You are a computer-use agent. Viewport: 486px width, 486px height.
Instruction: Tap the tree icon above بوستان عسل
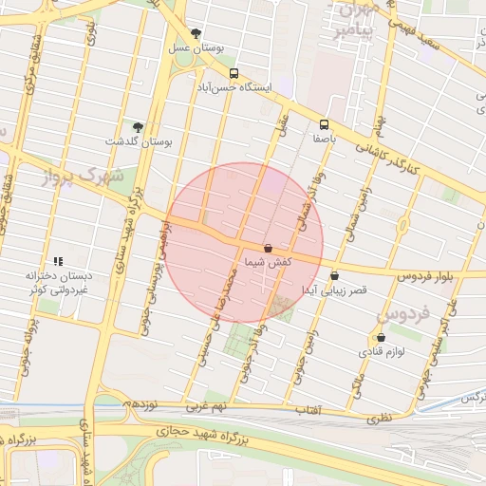coord(196,32)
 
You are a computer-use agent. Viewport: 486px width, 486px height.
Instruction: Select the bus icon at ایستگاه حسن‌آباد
coord(234,73)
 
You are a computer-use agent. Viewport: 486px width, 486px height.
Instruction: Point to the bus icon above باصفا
coord(325,124)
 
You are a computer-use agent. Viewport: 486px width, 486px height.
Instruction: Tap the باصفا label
coord(326,138)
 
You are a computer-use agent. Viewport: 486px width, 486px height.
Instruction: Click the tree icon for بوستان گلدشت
coord(139,127)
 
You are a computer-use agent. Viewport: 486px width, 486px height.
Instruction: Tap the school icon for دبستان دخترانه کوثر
coord(58,260)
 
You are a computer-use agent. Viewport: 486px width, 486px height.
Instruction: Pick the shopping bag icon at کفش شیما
coord(268,247)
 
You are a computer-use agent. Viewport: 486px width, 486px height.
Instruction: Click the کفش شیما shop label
coord(268,261)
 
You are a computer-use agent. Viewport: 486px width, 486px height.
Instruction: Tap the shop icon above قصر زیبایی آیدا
coord(334,276)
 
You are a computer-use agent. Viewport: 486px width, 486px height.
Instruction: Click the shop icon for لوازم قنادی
coord(382,338)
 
